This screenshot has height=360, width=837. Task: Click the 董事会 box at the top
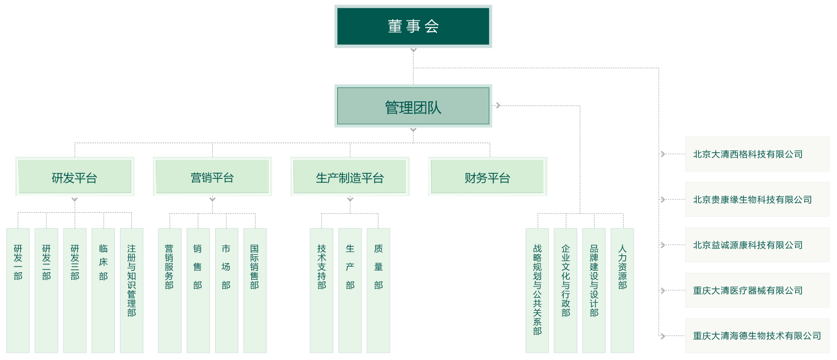click(x=413, y=26)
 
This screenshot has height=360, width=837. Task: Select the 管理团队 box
click(x=413, y=106)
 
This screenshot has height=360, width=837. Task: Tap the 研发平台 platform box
click(x=75, y=177)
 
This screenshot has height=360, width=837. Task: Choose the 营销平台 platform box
click(x=212, y=177)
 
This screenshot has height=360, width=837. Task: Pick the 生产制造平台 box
click(x=350, y=177)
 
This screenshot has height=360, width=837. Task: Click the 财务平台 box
click(x=487, y=177)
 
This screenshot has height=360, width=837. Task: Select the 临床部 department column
click(x=103, y=290)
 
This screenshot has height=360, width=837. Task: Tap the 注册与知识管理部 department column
click(x=131, y=290)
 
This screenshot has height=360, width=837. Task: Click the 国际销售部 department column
click(x=255, y=290)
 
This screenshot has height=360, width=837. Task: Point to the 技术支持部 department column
click(x=321, y=290)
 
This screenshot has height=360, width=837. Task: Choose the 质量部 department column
click(x=378, y=290)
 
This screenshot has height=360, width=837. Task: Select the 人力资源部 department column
click(x=622, y=290)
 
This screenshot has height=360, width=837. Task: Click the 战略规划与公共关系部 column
click(x=537, y=290)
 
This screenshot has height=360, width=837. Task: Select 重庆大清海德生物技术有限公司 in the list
click(x=757, y=336)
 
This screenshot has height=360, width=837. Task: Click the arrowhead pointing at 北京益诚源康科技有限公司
click(x=662, y=245)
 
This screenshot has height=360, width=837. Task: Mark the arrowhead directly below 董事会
click(x=414, y=50)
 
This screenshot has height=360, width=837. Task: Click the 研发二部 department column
click(x=46, y=290)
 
